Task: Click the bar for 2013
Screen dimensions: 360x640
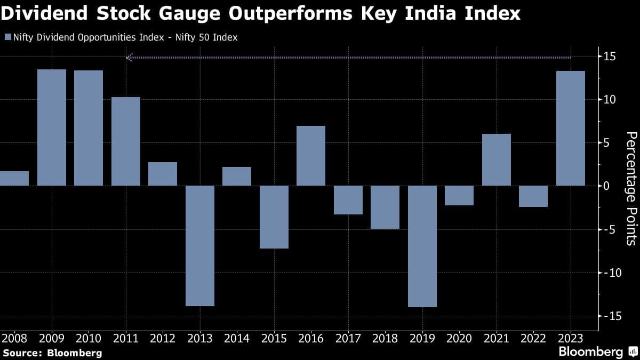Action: [200, 246]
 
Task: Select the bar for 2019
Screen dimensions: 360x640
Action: [422, 246]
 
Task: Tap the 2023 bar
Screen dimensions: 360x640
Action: [571, 128]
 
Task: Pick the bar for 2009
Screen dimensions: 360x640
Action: [52, 127]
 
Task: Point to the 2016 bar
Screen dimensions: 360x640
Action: [311, 156]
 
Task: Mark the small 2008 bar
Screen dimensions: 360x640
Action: [14, 179]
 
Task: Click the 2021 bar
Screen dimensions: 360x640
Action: [497, 159]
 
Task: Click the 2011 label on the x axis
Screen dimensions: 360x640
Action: [126, 338]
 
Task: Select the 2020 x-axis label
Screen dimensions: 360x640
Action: [459, 338]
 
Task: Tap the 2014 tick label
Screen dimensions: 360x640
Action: [237, 338]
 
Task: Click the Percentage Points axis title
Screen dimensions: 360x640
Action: [631, 188]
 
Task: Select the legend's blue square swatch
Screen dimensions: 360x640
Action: [7, 37]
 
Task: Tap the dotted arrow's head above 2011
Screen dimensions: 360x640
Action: [129, 57]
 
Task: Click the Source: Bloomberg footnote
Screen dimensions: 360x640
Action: [52, 353]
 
